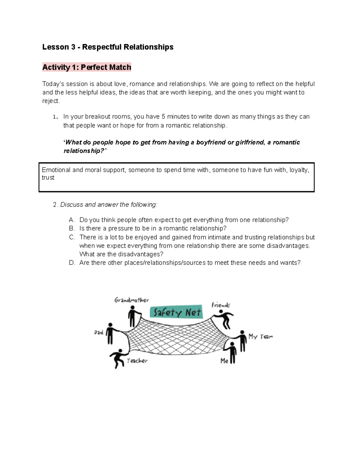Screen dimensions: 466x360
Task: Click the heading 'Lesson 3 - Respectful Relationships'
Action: coord(108,47)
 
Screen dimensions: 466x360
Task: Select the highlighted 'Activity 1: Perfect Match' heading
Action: coord(87,67)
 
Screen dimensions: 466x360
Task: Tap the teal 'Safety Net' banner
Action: coord(176,312)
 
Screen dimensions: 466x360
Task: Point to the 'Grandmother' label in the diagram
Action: coord(131,300)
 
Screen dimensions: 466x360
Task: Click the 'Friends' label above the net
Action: coord(221,305)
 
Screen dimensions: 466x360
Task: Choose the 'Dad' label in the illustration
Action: coord(99,332)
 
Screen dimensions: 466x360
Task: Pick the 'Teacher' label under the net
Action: coord(137,361)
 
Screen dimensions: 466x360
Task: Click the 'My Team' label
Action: coord(260,337)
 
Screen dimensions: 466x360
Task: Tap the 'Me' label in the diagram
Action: coord(224,361)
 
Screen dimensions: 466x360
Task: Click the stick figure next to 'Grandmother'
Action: coord(133,316)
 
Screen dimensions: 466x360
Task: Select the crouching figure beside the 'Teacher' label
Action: coord(117,358)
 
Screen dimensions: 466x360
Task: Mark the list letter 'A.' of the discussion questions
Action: coord(72,220)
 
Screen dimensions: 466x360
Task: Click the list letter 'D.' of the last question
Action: coord(72,263)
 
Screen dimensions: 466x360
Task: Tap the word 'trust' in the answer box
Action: coord(48,178)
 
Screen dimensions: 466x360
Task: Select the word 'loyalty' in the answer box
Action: coord(299,170)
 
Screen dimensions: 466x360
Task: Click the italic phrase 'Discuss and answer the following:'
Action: coord(109,205)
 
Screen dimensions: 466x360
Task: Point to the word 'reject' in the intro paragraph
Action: coord(50,101)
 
